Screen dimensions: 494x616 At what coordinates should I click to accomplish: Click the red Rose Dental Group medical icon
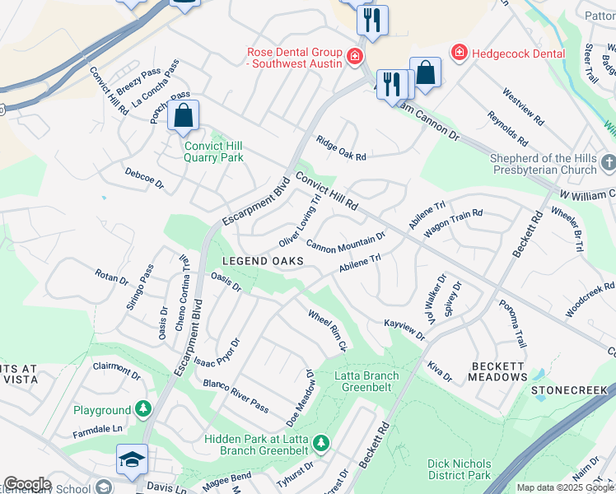tap(355, 56)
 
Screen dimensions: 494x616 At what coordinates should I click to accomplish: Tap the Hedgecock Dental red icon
tap(459, 53)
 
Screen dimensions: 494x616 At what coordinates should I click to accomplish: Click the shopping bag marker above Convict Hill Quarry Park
tap(184, 117)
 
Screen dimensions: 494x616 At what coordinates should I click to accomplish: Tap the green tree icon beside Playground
tap(143, 409)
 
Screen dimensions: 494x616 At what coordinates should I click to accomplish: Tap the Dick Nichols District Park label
tap(459, 469)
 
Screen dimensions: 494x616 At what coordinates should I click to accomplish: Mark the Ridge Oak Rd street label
tap(340, 149)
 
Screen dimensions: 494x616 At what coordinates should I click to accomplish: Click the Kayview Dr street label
tap(404, 330)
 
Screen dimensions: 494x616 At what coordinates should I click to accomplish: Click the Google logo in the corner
tap(26, 484)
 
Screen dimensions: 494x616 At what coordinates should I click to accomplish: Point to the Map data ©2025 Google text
tap(565, 487)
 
